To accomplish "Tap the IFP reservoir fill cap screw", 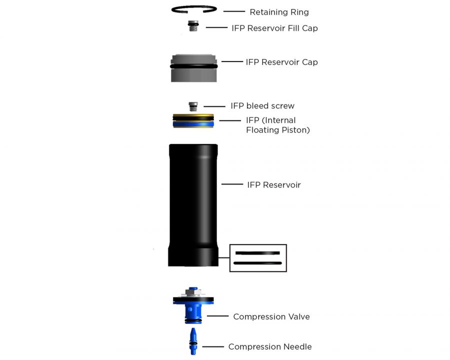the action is (193, 26).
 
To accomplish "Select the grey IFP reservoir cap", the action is (193, 68).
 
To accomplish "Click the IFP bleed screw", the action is (193, 106).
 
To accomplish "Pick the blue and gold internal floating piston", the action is (193, 121).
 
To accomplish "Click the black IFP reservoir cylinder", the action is (193, 205).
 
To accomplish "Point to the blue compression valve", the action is (193, 305).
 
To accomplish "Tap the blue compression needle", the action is (193, 341).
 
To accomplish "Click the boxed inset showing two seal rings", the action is (258, 258).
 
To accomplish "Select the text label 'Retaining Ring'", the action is (279, 12).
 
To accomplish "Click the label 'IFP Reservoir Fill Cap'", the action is (274, 28).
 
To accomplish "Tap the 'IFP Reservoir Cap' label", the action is (281, 62).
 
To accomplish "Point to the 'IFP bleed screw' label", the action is (262, 106).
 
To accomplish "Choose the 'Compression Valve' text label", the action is (271, 316).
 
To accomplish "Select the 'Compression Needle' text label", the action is (270, 347).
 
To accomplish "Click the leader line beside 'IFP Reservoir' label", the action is (232, 184).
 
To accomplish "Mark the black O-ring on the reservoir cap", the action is (193, 66).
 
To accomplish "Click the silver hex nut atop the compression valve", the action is (193, 292).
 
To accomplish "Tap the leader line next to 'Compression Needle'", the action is (213, 347).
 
